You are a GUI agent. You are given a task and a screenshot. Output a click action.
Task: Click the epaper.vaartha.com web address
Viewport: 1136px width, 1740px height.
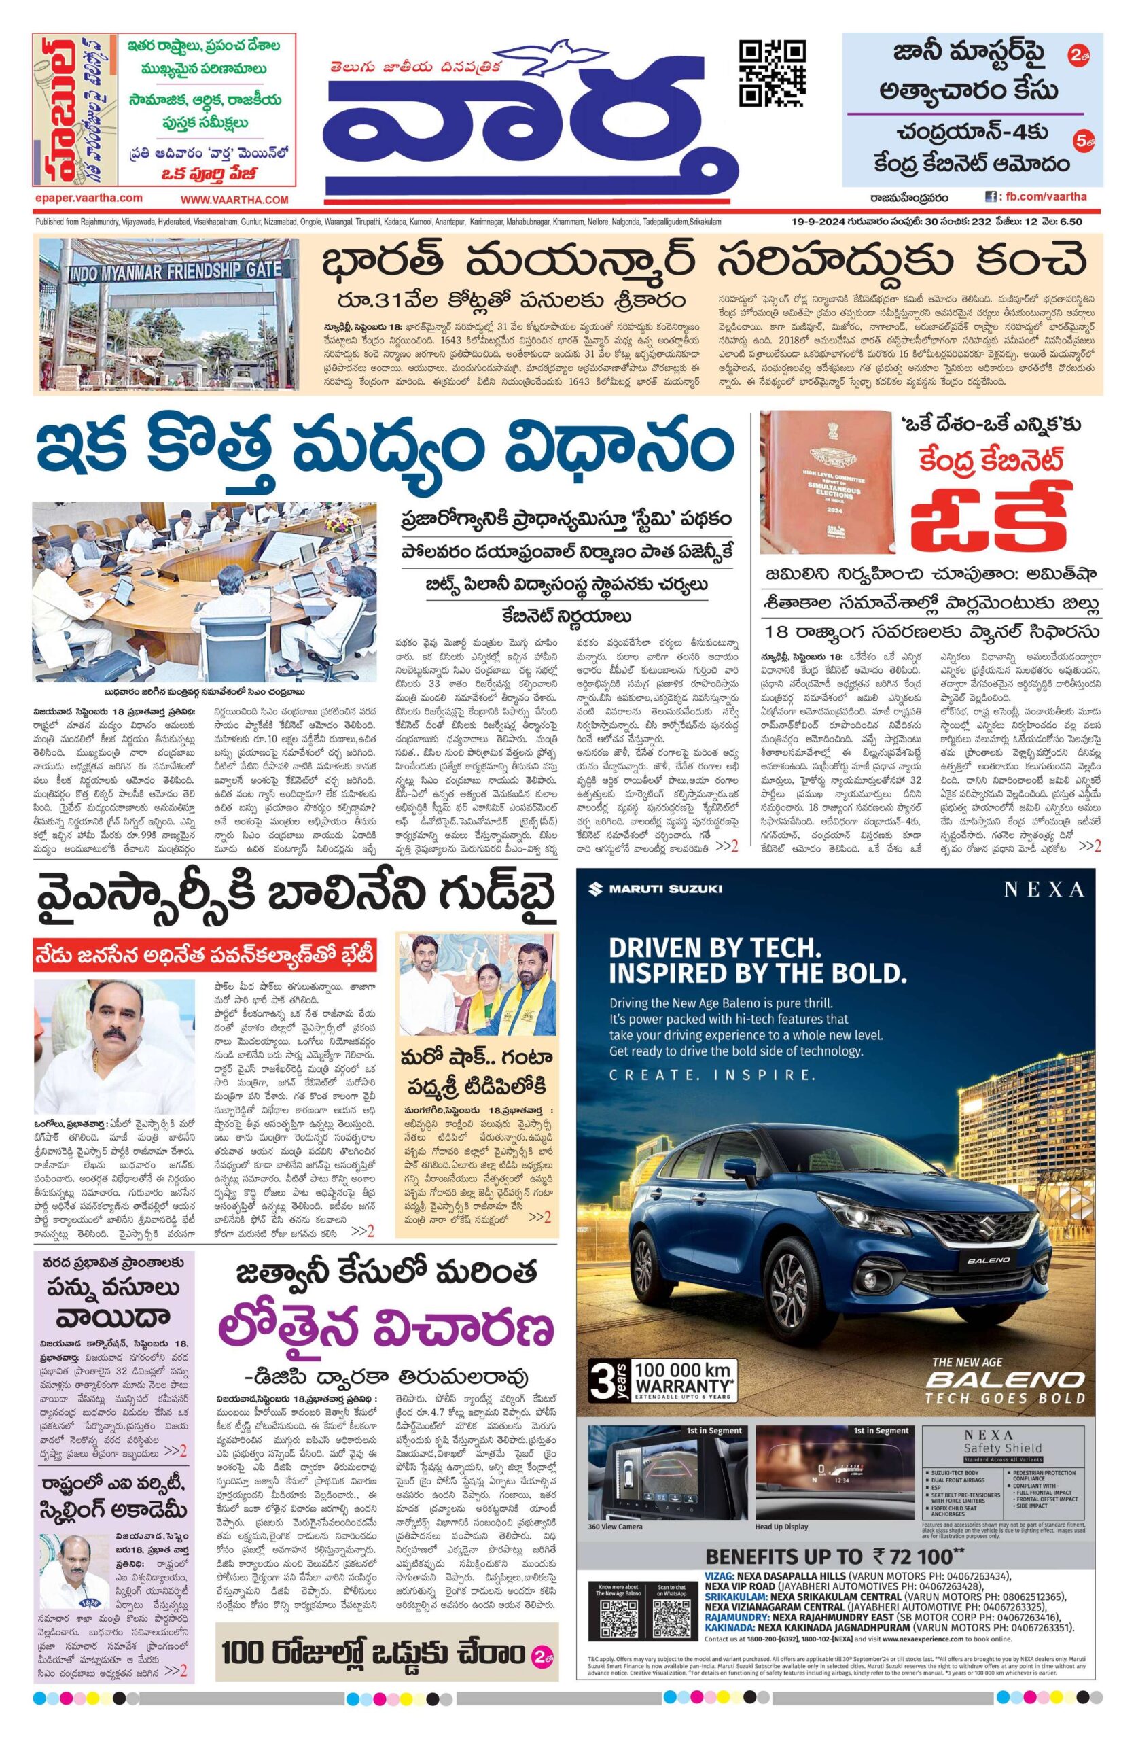click(88, 198)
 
